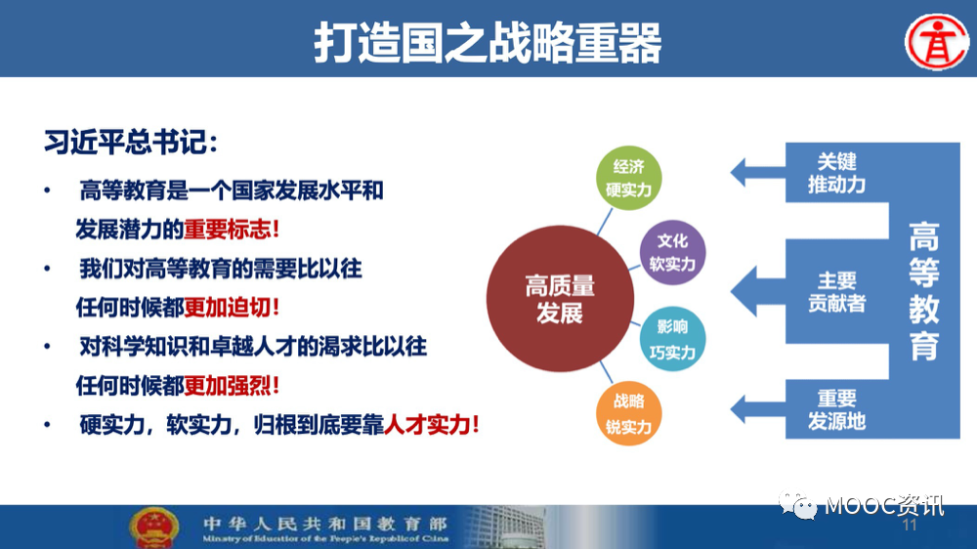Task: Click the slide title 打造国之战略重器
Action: (488, 42)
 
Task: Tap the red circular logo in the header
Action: (937, 42)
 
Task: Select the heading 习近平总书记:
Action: (130, 143)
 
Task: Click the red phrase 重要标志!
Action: (232, 230)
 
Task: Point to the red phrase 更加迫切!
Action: (232, 307)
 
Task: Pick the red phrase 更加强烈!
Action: (232, 386)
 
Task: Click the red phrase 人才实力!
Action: (431, 425)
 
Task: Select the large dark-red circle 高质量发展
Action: (560, 299)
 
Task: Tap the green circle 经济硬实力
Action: (628, 178)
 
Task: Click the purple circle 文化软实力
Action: (672, 252)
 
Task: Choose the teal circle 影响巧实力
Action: (672, 340)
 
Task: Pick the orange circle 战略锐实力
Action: (628, 414)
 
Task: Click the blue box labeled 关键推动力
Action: (836, 173)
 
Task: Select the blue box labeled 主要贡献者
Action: (836, 291)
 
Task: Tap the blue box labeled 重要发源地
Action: (836, 409)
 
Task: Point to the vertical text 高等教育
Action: (923, 291)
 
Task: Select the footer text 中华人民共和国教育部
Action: (324, 523)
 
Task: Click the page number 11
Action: (909, 526)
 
